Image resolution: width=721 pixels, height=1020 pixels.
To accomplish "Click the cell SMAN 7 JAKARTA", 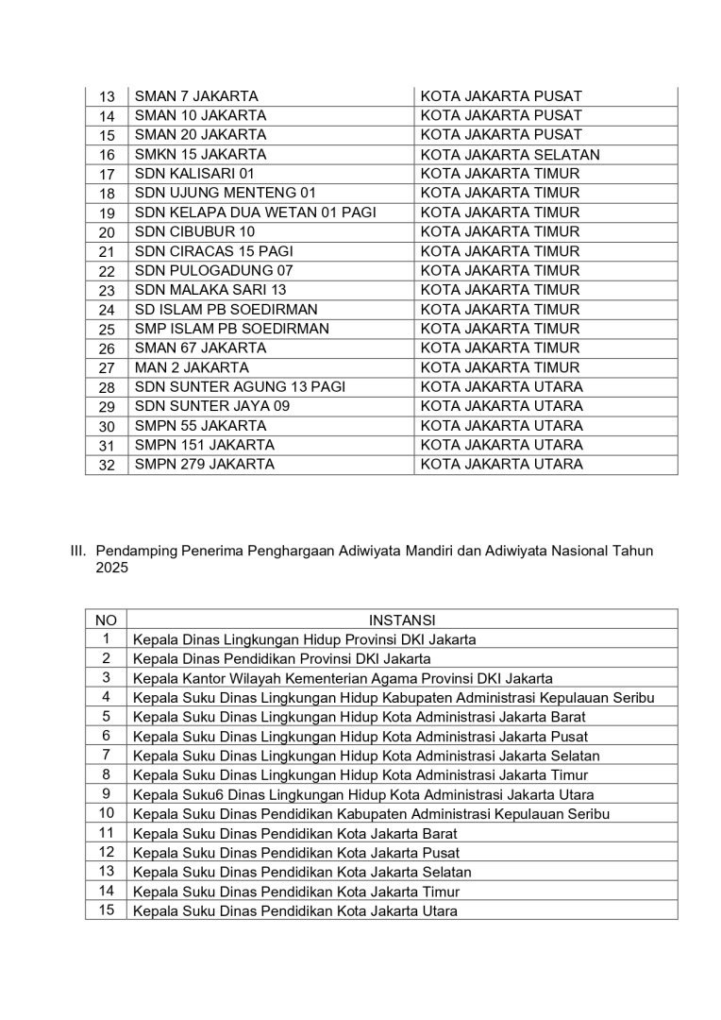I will pos(196,96).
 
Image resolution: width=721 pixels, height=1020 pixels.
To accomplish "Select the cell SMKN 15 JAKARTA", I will pos(200,154).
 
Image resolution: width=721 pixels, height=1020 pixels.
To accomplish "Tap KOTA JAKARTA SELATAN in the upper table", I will pos(510,154).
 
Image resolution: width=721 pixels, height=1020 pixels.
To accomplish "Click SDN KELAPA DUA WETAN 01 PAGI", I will pos(255,212).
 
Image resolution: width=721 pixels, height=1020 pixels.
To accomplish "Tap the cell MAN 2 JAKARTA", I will pos(192,367).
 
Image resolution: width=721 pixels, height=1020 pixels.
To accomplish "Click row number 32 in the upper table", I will pos(107,465).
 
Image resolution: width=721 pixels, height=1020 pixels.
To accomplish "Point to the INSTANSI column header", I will pos(402,620).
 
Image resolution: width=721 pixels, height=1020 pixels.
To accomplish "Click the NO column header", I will pos(107,620).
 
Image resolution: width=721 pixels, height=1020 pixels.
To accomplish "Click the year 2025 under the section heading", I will pos(111,569).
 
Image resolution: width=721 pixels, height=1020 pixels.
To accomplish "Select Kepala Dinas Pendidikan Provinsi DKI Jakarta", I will pos(281,658).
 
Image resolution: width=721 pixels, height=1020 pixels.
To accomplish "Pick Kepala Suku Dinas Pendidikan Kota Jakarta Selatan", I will pos(302,872).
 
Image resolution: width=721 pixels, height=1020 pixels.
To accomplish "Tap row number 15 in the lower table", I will pos(107,910).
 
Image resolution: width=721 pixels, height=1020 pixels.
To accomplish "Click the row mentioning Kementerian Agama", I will pos(343,678).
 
